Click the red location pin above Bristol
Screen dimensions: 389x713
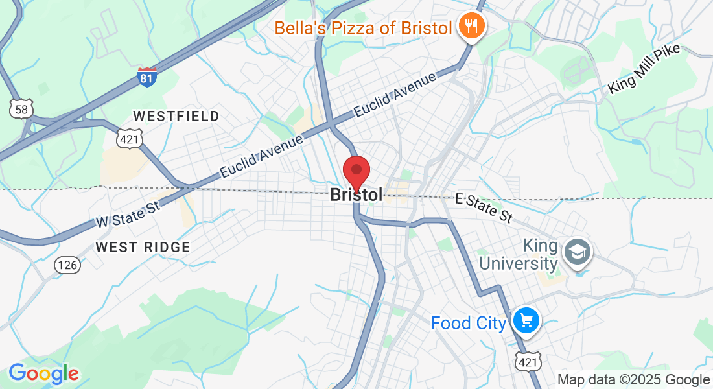pos(356,172)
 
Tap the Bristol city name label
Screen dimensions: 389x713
pos(356,194)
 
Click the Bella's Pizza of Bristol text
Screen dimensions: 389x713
pos(363,28)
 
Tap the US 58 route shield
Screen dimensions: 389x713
pos(21,109)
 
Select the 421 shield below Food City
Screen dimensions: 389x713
pos(527,362)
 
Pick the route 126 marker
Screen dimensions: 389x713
pos(67,265)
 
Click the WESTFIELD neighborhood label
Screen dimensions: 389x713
pos(176,116)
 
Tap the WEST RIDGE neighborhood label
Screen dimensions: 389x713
pos(143,247)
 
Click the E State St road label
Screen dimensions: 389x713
pos(484,207)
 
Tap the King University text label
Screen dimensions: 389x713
pos(541,255)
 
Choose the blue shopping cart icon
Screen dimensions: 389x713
pos(526,320)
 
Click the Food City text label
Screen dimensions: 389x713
pos(468,322)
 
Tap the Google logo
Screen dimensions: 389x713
pos(43,373)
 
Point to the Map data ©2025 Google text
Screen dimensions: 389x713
pos(634,380)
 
